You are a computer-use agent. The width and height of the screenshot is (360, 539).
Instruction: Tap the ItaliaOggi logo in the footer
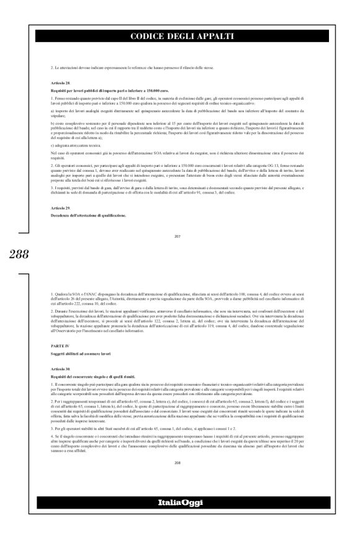[180, 518]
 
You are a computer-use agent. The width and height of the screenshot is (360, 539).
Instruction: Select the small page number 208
[180, 462]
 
